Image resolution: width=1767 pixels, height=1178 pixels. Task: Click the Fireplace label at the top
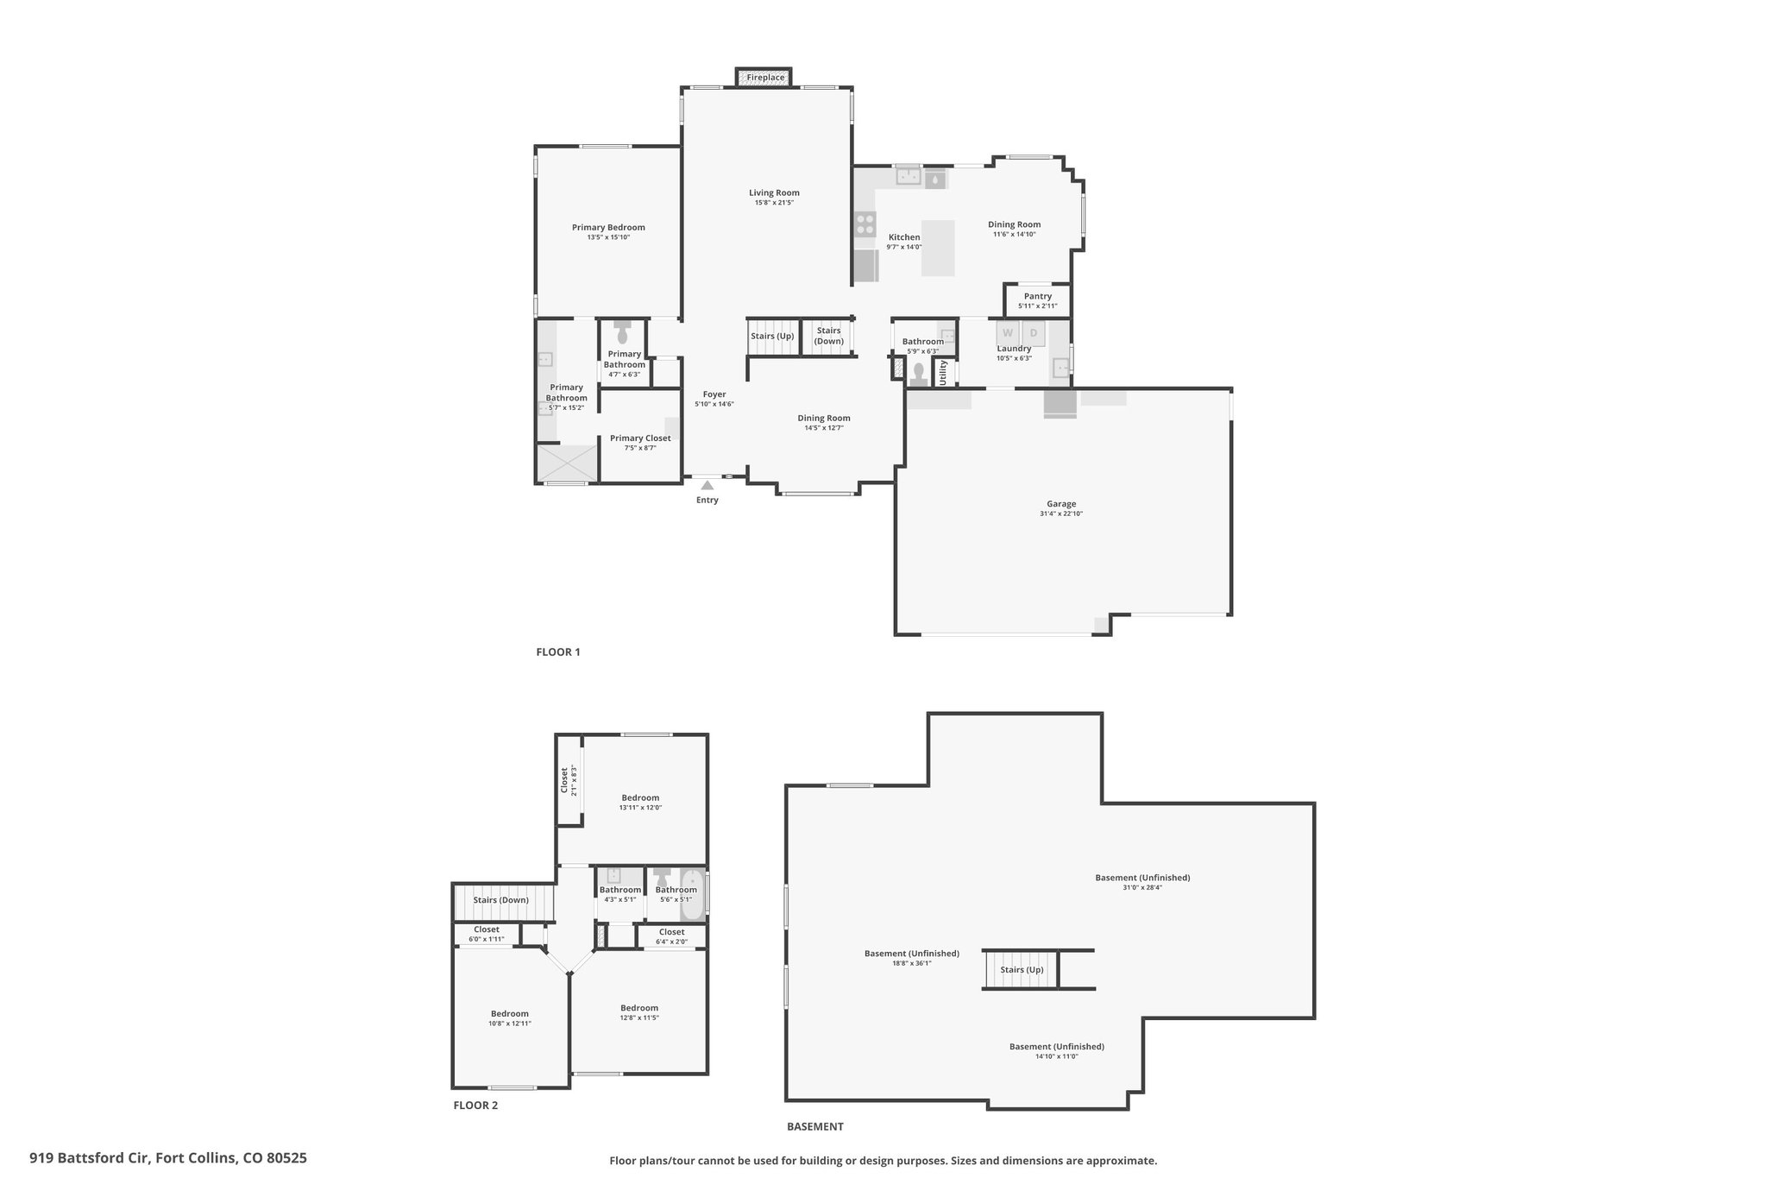tap(765, 78)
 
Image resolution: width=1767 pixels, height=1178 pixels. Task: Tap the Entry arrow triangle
tap(707, 485)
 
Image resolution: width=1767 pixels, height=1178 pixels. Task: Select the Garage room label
tap(1061, 504)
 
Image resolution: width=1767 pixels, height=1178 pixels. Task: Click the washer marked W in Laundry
tap(1007, 333)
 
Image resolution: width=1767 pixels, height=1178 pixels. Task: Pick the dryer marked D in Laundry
tap(1034, 333)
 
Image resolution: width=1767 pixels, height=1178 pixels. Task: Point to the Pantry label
tap(1038, 296)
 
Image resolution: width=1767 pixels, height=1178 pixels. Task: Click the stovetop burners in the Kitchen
tap(865, 224)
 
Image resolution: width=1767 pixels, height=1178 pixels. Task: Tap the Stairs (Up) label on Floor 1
tap(772, 336)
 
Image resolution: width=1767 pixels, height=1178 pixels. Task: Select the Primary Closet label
tap(640, 438)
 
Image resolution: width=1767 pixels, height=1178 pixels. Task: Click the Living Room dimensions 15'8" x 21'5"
tap(774, 203)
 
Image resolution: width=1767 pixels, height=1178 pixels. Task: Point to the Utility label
tap(943, 373)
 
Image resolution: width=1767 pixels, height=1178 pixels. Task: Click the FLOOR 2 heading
tap(475, 1106)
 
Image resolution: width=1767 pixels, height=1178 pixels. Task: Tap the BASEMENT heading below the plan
tap(815, 1126)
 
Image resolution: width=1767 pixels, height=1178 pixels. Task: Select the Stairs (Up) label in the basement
tap(1022, 970)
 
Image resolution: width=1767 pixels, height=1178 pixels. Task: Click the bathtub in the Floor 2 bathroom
tap(692, 895)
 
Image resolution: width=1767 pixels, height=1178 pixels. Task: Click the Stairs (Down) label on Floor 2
tap(501, 900)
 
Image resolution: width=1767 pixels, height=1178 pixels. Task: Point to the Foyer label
tap(714, 394)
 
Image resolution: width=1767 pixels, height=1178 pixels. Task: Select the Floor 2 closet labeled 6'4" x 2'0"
tap(672, 936)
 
